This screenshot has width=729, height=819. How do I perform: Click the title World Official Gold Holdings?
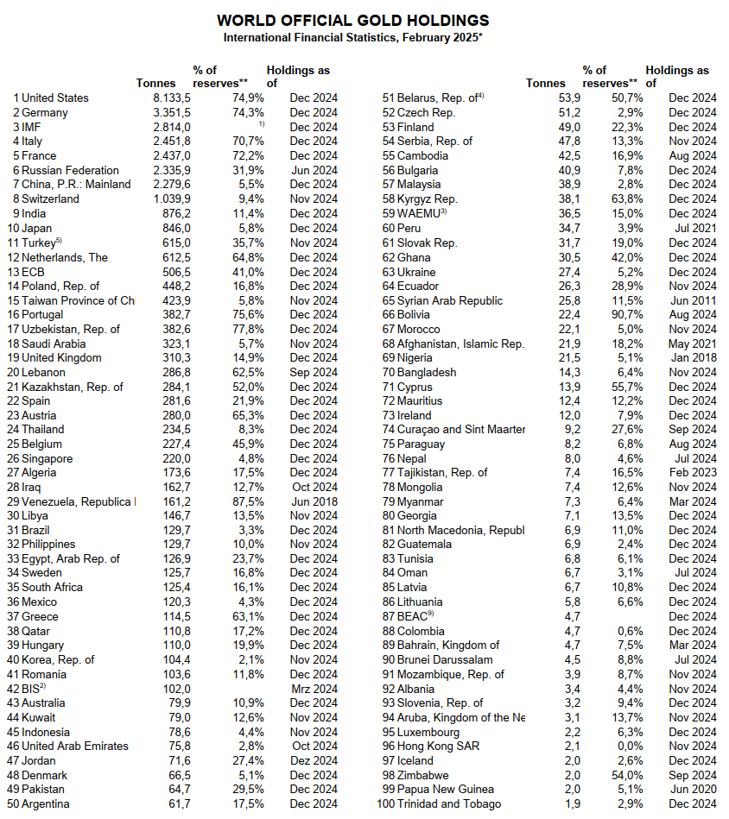[352, 20]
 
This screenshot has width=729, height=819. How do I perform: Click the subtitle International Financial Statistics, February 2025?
[352, 37]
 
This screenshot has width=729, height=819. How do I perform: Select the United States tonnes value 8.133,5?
[171, 98]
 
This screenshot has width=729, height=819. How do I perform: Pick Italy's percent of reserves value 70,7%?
[248, 142]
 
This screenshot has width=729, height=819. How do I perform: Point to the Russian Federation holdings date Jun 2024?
[314, 170]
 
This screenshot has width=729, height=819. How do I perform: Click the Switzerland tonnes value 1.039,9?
[171, 199]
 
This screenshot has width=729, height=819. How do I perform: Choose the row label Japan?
[39, 228]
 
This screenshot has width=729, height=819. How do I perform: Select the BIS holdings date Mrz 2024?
[314, 689]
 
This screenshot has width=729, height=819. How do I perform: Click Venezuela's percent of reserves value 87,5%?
[248, 501]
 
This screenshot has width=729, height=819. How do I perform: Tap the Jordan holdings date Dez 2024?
[314, 760]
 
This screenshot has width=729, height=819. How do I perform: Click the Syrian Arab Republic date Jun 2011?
[693, 300]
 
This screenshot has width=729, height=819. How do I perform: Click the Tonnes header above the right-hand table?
[546, 84]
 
